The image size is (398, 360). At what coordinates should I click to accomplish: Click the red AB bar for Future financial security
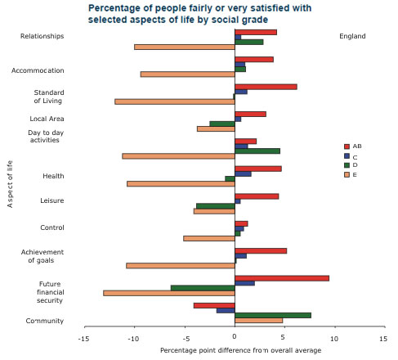281,278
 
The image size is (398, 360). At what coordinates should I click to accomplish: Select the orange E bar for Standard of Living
174,101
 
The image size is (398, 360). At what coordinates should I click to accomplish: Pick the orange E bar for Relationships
184,47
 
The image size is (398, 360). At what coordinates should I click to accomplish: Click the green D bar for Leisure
215,205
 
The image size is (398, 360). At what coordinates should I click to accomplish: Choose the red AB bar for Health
257,169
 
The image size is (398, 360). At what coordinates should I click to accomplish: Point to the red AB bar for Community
214,305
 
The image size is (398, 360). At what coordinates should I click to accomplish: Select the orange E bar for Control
208,238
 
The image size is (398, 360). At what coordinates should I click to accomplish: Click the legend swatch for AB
347,146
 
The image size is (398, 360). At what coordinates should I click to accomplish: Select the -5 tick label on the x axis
184,338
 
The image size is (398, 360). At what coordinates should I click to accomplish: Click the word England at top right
352,36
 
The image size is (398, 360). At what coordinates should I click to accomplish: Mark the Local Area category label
42,119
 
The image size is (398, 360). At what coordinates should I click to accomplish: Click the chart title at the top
195,13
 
